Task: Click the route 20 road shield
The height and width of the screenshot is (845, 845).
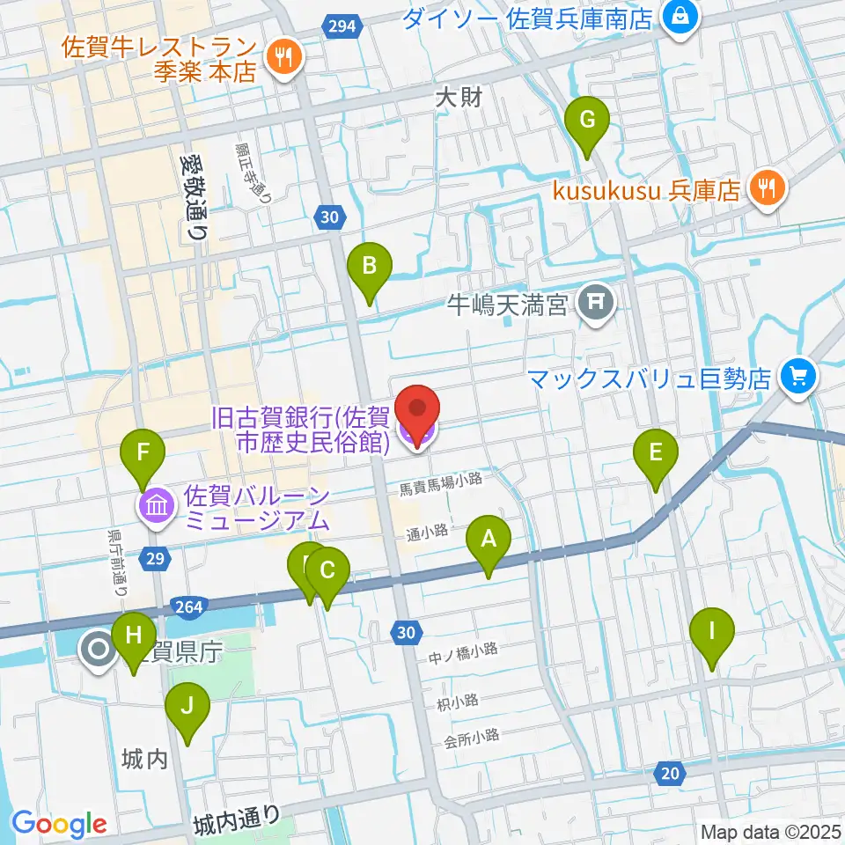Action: click(670, 774)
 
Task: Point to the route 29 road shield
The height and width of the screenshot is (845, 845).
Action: click(155, 558)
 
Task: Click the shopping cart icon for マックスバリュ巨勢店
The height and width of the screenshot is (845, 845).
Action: click(798, 378)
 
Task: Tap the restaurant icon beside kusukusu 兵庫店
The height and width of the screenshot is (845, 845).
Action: click(767, 189)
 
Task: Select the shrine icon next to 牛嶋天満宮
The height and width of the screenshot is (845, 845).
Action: click(596, 305)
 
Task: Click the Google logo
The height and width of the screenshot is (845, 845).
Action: click(59, 823)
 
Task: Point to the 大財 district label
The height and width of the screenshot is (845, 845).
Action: click(459, 98)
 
